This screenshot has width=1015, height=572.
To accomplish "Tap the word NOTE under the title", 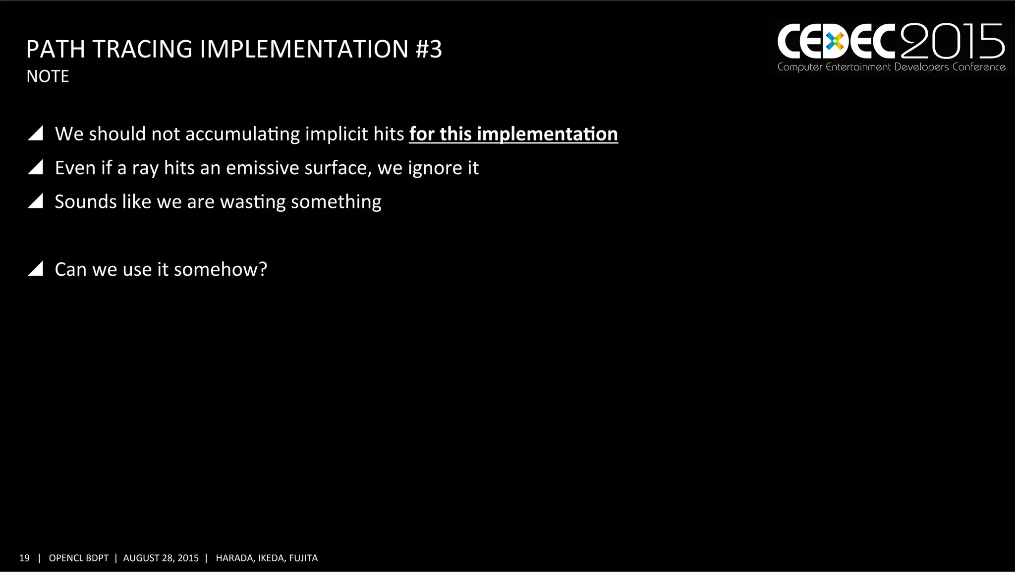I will pos(48,76).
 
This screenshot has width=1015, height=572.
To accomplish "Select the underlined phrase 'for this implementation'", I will pos(513,134).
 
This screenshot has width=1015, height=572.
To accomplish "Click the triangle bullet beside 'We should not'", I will pos(36,133).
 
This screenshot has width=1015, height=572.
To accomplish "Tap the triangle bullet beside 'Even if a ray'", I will pos(36,167).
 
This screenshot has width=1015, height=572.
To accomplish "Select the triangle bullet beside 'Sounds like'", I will pos(36,201).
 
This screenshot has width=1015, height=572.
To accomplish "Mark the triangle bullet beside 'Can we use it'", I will pos(36,269).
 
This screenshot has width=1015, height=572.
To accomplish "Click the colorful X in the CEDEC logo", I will pos(835,42).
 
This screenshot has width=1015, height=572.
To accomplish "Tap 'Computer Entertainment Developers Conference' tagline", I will pos(891,67).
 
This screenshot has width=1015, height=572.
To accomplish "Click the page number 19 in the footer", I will pos(24,558).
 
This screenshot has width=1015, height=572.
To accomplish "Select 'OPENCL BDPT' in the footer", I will pos(78,558).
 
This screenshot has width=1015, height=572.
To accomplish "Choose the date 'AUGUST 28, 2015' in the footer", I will pos(161,558).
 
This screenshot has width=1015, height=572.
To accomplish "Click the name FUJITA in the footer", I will pos(303,558).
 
